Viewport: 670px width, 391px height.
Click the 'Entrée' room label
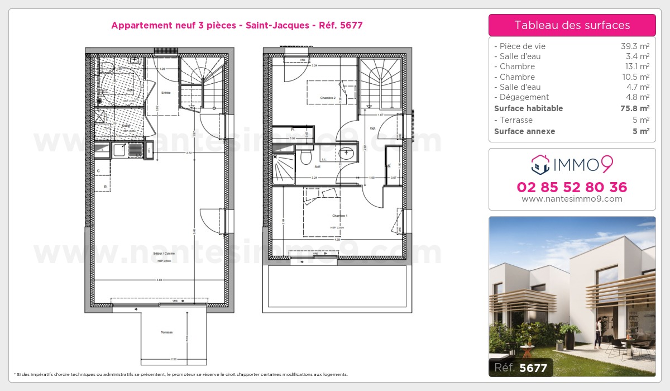[x=166, y=93]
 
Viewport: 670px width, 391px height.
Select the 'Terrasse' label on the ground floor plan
[x=167, y=332]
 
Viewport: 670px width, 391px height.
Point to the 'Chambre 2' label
[x=328, y=98]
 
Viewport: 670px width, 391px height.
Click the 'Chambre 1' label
[x=340, y=216]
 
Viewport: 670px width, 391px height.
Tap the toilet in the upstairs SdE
[x=306, y=157]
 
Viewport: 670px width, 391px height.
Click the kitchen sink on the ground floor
[x=119, y=150]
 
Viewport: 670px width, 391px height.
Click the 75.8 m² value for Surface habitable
[x=636, y=108]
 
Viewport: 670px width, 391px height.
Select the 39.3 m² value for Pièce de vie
[x=636, y=46]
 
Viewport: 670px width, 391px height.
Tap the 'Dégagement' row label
[x=517, y=97]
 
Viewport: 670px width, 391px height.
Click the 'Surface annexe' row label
[x=524, y=131]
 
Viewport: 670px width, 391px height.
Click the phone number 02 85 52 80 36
[x=572, y=187]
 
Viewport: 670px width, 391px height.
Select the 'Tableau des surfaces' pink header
[x=572, y=25]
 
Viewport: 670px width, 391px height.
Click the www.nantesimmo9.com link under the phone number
[x=572, y=199]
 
